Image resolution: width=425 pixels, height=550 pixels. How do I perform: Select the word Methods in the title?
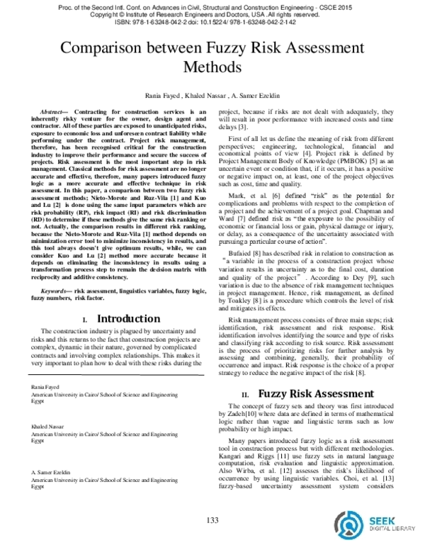[212, 68]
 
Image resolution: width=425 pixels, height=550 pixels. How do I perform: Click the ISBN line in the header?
[212, 22]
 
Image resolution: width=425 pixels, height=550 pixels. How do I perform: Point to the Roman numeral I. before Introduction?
[85, 320]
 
